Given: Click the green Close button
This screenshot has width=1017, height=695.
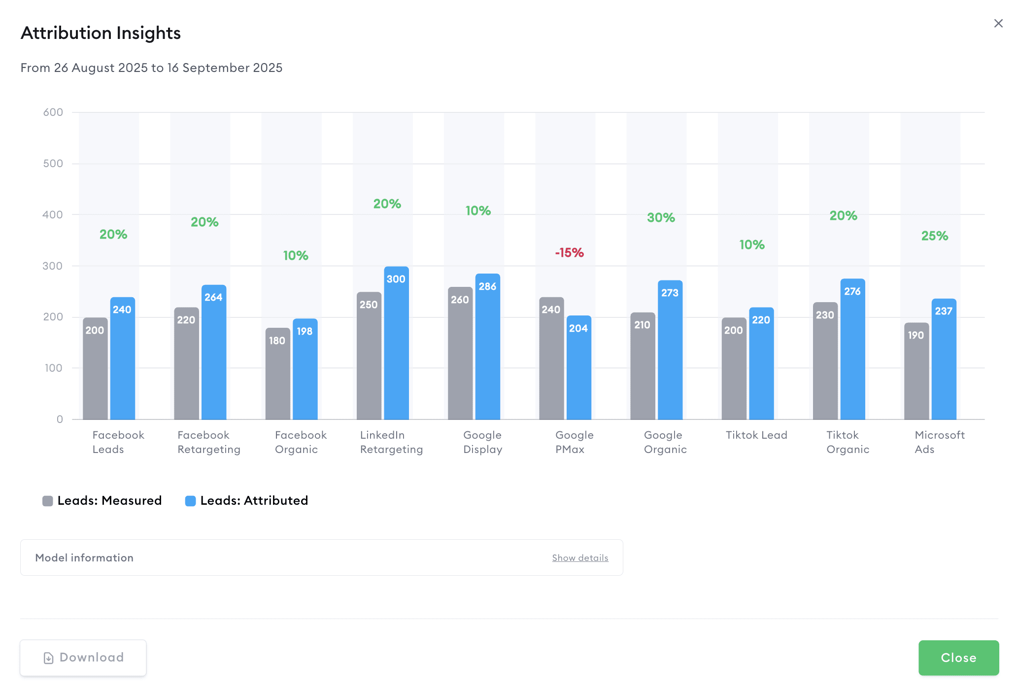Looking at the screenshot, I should click(x=958, y=658).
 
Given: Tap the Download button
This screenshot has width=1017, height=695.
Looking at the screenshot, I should click(x=83, y=658).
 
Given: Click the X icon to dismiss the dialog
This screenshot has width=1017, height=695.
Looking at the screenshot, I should click(x=998, y=23).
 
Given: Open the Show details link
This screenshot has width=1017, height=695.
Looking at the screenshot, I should click(x=580, y=558).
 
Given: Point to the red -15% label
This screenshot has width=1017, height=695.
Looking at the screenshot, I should click(x=570, y=253).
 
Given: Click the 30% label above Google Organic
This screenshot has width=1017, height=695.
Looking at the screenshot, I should click(x=661, y=218).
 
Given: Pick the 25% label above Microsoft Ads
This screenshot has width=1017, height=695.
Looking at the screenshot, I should click(x=935, y=236).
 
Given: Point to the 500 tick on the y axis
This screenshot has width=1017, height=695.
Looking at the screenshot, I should click(x=53, y=164).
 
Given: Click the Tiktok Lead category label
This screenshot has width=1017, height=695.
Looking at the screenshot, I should click(x=756, y=435).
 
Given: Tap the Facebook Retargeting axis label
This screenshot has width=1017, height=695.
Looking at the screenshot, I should click(x=209, y=442).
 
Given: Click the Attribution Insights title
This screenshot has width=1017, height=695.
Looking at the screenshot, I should click(x=101, y=33).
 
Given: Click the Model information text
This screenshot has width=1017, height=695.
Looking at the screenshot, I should click(x=84, y=558).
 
